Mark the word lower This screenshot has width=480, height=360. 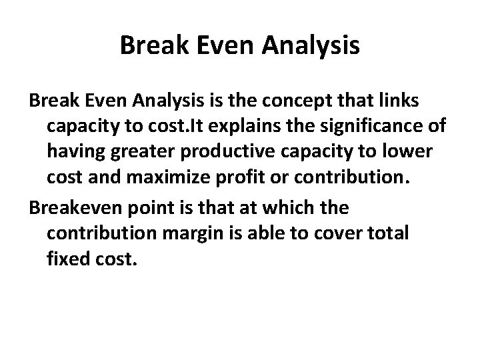[x=407, y=153]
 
